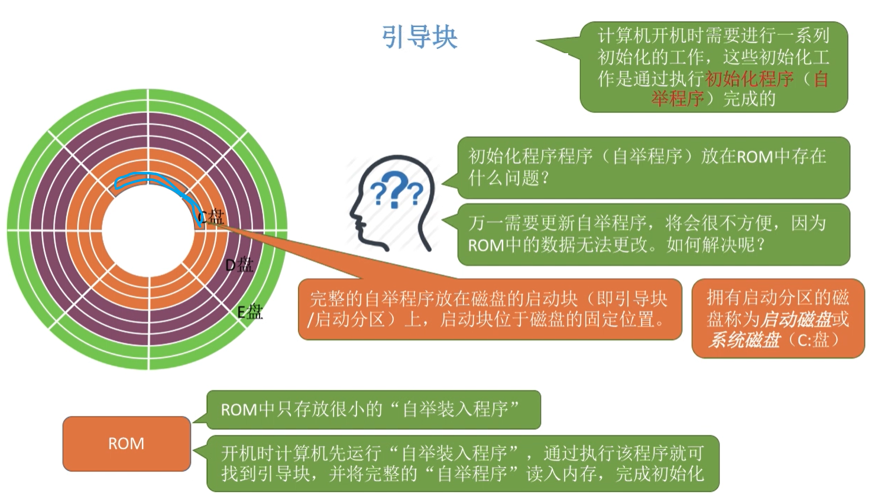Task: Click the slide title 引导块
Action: [x=419, y=37]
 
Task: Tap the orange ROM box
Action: [x=126, y=443]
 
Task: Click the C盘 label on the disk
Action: [x=212, y=217]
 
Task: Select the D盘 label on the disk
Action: [x=239, y=265]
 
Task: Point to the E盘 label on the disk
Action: [x=250, y=311]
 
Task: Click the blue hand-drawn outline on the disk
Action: [x=148, y=179]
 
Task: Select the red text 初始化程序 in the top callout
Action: [x=749, y=79]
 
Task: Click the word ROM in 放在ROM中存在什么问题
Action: [x=754, y=157]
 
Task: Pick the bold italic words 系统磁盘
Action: [x=744, y=340]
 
